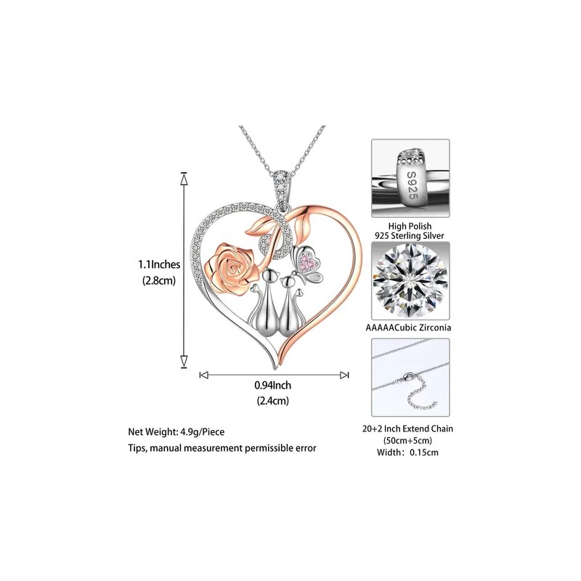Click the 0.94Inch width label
[272, 386]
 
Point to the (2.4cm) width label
[272, 401]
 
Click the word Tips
[139, 449]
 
